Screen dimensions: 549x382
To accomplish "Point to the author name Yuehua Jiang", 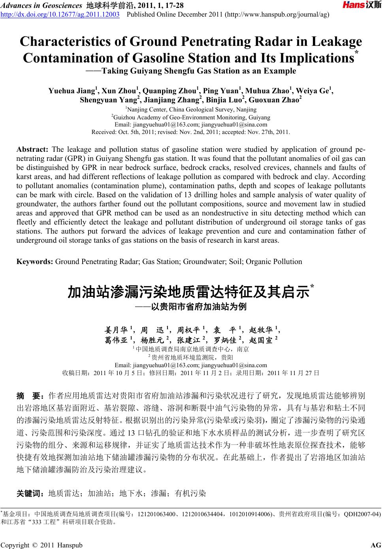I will (x=71, y=91).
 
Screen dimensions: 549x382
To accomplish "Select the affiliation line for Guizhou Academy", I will (x=191, y=117).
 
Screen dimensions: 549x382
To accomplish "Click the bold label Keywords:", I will (x=35, y=261).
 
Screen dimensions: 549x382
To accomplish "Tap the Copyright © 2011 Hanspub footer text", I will (x=42, y=545).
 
